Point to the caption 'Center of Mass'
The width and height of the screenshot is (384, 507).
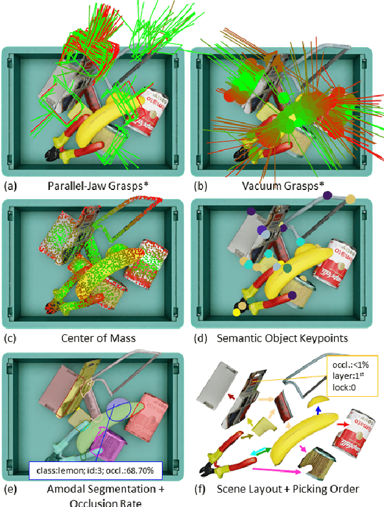[98, 338]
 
